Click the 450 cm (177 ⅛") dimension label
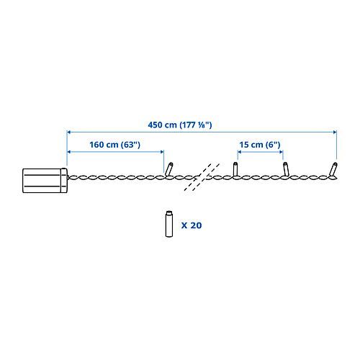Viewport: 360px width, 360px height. pos(180,125)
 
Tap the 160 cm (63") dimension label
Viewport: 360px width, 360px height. pos(114,145)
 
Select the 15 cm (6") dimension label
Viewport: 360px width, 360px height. pos(260,145)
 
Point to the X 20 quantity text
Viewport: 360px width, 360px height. pos(192,225)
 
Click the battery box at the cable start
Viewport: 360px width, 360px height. pos(45,181)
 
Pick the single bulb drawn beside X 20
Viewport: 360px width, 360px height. pos(169,224)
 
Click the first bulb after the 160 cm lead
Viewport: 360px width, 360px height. pos(169,169)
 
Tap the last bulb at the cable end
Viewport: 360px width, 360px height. pos(333,169)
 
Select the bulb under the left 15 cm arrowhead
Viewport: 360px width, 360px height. pos(235,169)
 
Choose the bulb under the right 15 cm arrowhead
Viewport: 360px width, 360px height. pos(286,169)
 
